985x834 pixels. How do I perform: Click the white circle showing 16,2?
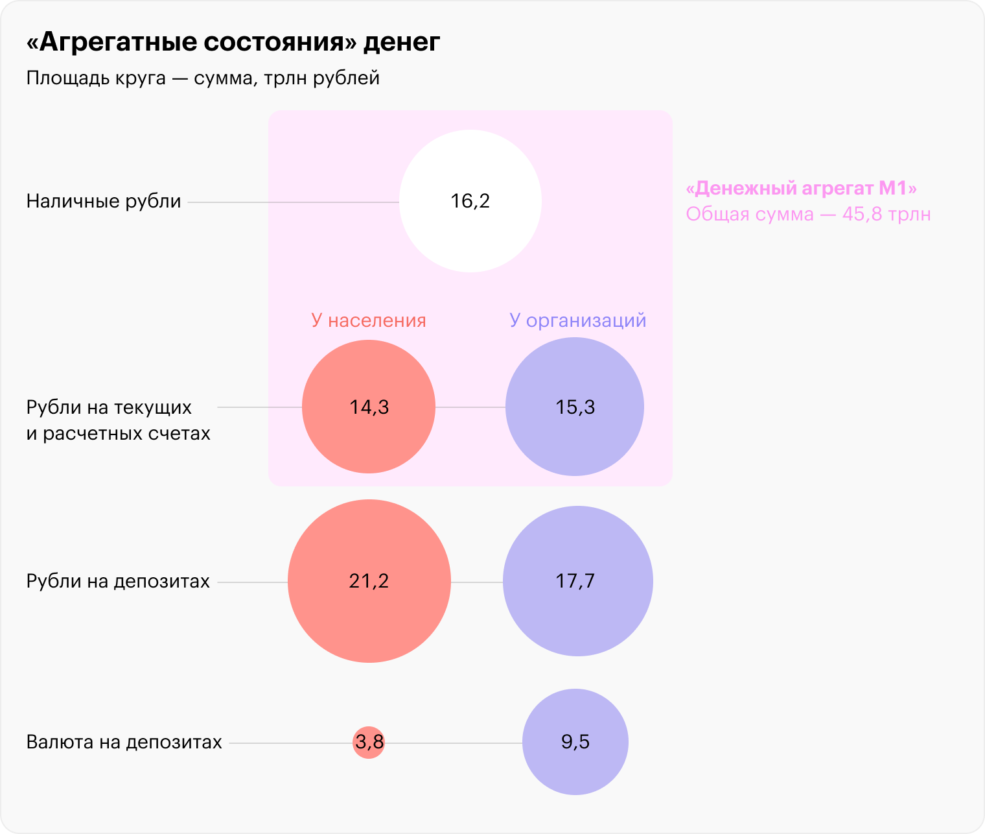[x=470, y=201]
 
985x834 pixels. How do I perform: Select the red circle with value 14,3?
[x=368, y=406]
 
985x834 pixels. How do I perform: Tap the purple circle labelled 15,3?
[x=575, y=406]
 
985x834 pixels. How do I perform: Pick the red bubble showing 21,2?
[x=369, y=581]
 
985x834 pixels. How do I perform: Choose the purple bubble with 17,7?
[x=577, y=581]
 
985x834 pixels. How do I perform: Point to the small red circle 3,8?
[x=368, y=743]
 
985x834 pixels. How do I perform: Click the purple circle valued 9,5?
[x=575, y=742]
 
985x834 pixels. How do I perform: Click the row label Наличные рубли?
[x=104, y=201]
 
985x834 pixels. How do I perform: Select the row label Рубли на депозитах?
[x=118, y=581]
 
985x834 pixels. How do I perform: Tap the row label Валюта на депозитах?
[x=124, y=742]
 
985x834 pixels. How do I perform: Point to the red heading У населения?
[x=368, y=320]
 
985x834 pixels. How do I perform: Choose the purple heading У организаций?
[x=577, y=320]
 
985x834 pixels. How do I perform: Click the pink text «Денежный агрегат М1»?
[x=801, y=188]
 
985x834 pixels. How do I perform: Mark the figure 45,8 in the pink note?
[x=862, y=214]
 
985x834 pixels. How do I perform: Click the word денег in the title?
[x=401, y=42]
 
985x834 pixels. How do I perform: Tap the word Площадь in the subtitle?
[x=62, y=78]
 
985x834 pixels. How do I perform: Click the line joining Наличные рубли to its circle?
[x=293, y=202]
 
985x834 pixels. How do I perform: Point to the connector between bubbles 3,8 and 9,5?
[x=454, y=743]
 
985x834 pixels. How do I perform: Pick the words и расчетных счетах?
[x=118, y=433]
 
